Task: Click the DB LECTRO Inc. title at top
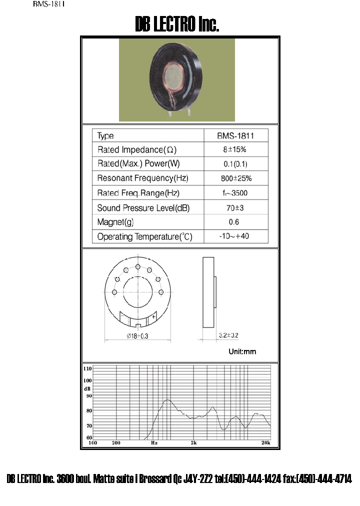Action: (x=177, y=24)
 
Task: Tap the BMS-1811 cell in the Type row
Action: (x=235, y=136)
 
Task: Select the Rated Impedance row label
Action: (x=136, y=149)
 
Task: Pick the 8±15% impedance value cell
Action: (x=235, y=149)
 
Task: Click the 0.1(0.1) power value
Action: (x=235, y=164)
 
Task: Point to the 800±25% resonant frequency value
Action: (x=235, y=178)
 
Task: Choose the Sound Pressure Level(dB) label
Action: (x=143, y=208)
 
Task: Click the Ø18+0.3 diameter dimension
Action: (x=137, y=336)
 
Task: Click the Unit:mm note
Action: (x=242, y=351)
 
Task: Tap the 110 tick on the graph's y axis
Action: (x=87, y=368)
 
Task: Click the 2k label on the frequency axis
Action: (x=194, y=443)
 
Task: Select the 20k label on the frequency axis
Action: (x=266, y=443)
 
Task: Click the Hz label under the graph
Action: (x=154, y=443)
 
